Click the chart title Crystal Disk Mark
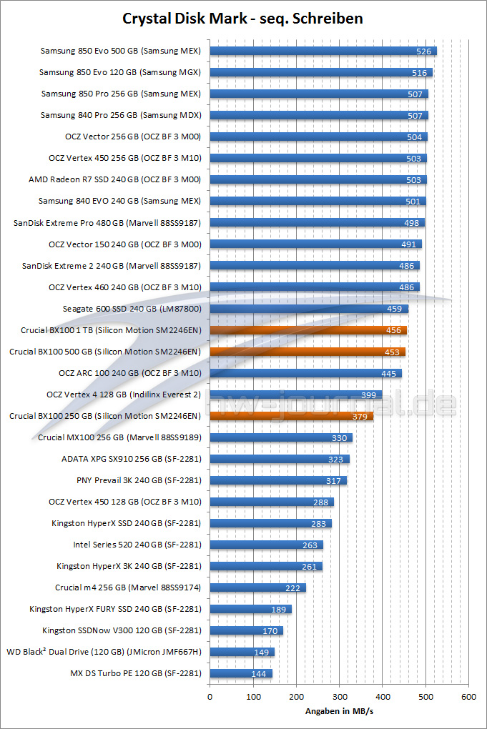[x=243, y=19]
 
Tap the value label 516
[x=420, y=73]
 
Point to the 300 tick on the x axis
[x=339, y=695]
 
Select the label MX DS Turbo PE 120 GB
[x=135, y=673]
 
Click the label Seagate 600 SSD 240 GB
[x=132, y=309]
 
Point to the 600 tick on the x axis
[x=468, y=695]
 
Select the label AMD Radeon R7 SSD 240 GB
[x=114, y=180]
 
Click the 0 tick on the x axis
[x=210, y=695]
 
